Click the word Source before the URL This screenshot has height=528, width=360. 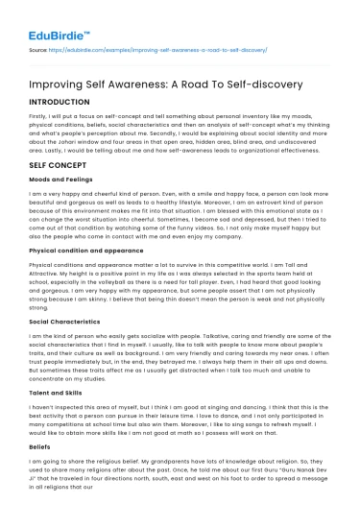[39, 48]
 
